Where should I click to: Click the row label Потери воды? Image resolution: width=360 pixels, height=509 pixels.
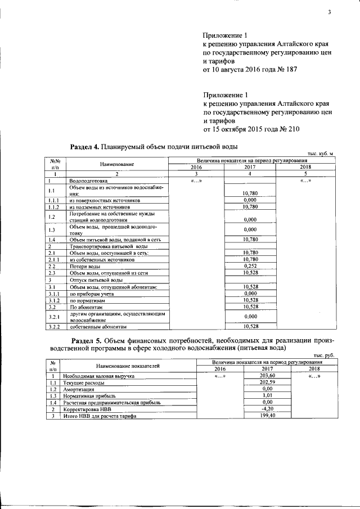pos(85,266)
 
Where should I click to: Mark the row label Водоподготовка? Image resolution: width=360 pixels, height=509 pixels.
pos(88,181)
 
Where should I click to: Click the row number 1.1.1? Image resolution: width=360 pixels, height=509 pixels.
pos(54,200)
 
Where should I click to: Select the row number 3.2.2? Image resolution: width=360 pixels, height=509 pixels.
pos(54,326)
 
